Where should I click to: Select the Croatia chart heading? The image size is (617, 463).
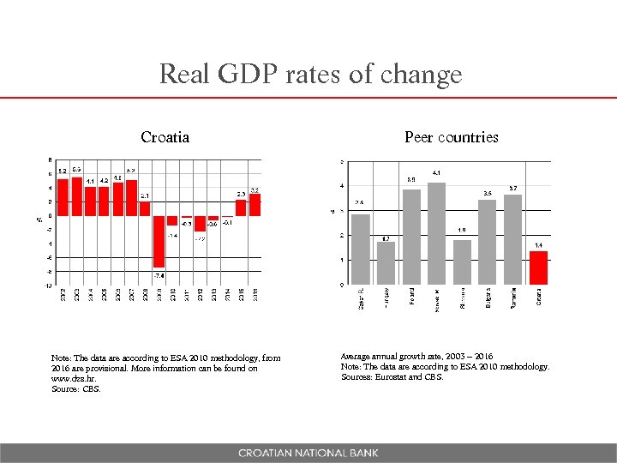point(165,137)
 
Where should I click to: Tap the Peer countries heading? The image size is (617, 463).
point(451,137)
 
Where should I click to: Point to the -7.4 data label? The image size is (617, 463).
point(159,275)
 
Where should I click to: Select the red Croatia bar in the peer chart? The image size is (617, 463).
point(538,267)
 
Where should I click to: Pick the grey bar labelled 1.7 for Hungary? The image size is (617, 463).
point(386,262)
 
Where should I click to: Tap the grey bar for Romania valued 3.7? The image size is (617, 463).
point(512,239)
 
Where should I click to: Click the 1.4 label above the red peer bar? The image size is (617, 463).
point(538,245)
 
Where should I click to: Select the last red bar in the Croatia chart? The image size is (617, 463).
point(255,205)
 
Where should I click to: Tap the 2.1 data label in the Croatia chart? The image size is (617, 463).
point(146,195)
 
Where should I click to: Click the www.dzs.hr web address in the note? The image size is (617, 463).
point(72,378)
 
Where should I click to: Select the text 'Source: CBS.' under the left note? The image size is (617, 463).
point(76,388)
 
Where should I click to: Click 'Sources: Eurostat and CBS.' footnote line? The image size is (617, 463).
point(392,377)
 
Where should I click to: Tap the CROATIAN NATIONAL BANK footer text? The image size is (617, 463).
point(308,453)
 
